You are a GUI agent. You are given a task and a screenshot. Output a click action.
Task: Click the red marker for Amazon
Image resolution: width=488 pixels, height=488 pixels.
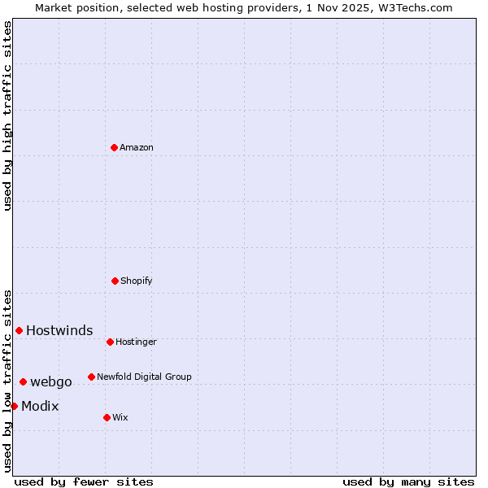coord(114,147)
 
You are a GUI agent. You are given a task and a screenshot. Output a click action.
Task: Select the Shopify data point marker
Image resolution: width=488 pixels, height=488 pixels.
coord(115,281)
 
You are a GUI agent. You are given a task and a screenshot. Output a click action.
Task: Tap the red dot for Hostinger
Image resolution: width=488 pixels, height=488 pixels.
coord(110,342)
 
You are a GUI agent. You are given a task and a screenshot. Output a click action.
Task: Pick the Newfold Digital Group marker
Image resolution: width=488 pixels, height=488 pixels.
coord(91,377)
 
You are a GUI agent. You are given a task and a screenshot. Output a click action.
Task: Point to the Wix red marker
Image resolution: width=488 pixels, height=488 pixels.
coord(107,417)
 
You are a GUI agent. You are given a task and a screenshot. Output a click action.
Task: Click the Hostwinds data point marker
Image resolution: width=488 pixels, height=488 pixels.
coord(19,330)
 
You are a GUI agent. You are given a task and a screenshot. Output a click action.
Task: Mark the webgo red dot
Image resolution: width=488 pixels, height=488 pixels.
coord(23,381)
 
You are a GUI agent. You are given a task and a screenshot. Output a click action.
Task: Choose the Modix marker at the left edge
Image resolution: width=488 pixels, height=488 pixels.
coord(14,406)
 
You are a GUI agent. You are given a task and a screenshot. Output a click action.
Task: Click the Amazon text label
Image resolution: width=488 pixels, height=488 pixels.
coord(137,147)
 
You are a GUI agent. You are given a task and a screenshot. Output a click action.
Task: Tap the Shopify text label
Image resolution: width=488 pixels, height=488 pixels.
coord(137,281)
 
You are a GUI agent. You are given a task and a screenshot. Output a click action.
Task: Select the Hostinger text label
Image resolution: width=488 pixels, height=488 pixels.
coord(136,342)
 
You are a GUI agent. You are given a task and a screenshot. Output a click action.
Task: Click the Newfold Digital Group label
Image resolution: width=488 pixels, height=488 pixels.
coord(144,377)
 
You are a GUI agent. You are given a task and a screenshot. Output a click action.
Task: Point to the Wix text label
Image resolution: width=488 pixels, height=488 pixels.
coord(120,417)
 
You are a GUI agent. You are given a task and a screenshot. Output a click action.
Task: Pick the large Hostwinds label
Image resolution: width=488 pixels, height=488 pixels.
coord(59,330)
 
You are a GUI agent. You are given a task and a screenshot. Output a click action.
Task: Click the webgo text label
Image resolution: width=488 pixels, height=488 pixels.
coord(51,381)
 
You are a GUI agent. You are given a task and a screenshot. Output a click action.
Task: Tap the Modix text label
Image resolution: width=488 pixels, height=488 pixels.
coord(40,406)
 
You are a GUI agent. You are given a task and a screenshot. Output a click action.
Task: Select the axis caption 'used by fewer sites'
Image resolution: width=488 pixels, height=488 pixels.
coord(84,481)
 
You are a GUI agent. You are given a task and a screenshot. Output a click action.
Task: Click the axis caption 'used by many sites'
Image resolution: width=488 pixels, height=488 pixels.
coord(408,481)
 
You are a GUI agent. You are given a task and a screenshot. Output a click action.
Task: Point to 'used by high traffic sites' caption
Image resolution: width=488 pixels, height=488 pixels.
coord(7,115)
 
